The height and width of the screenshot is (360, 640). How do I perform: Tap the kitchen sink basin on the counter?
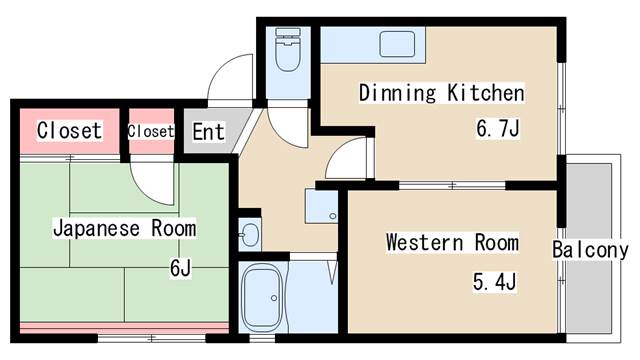[397, 45]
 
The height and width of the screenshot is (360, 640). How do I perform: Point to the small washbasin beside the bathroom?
[249, 235]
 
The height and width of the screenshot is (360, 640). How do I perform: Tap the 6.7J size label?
[496, 129]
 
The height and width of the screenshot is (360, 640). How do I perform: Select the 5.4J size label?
[494, 282]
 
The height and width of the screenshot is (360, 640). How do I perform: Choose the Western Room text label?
[452, 243]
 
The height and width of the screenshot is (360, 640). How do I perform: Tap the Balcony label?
[590, 250]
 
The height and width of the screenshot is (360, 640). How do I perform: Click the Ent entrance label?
[208, 131]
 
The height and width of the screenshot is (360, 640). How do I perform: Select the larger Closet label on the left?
[69, 130]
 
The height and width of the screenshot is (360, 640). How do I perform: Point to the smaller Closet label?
[150, 131]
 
